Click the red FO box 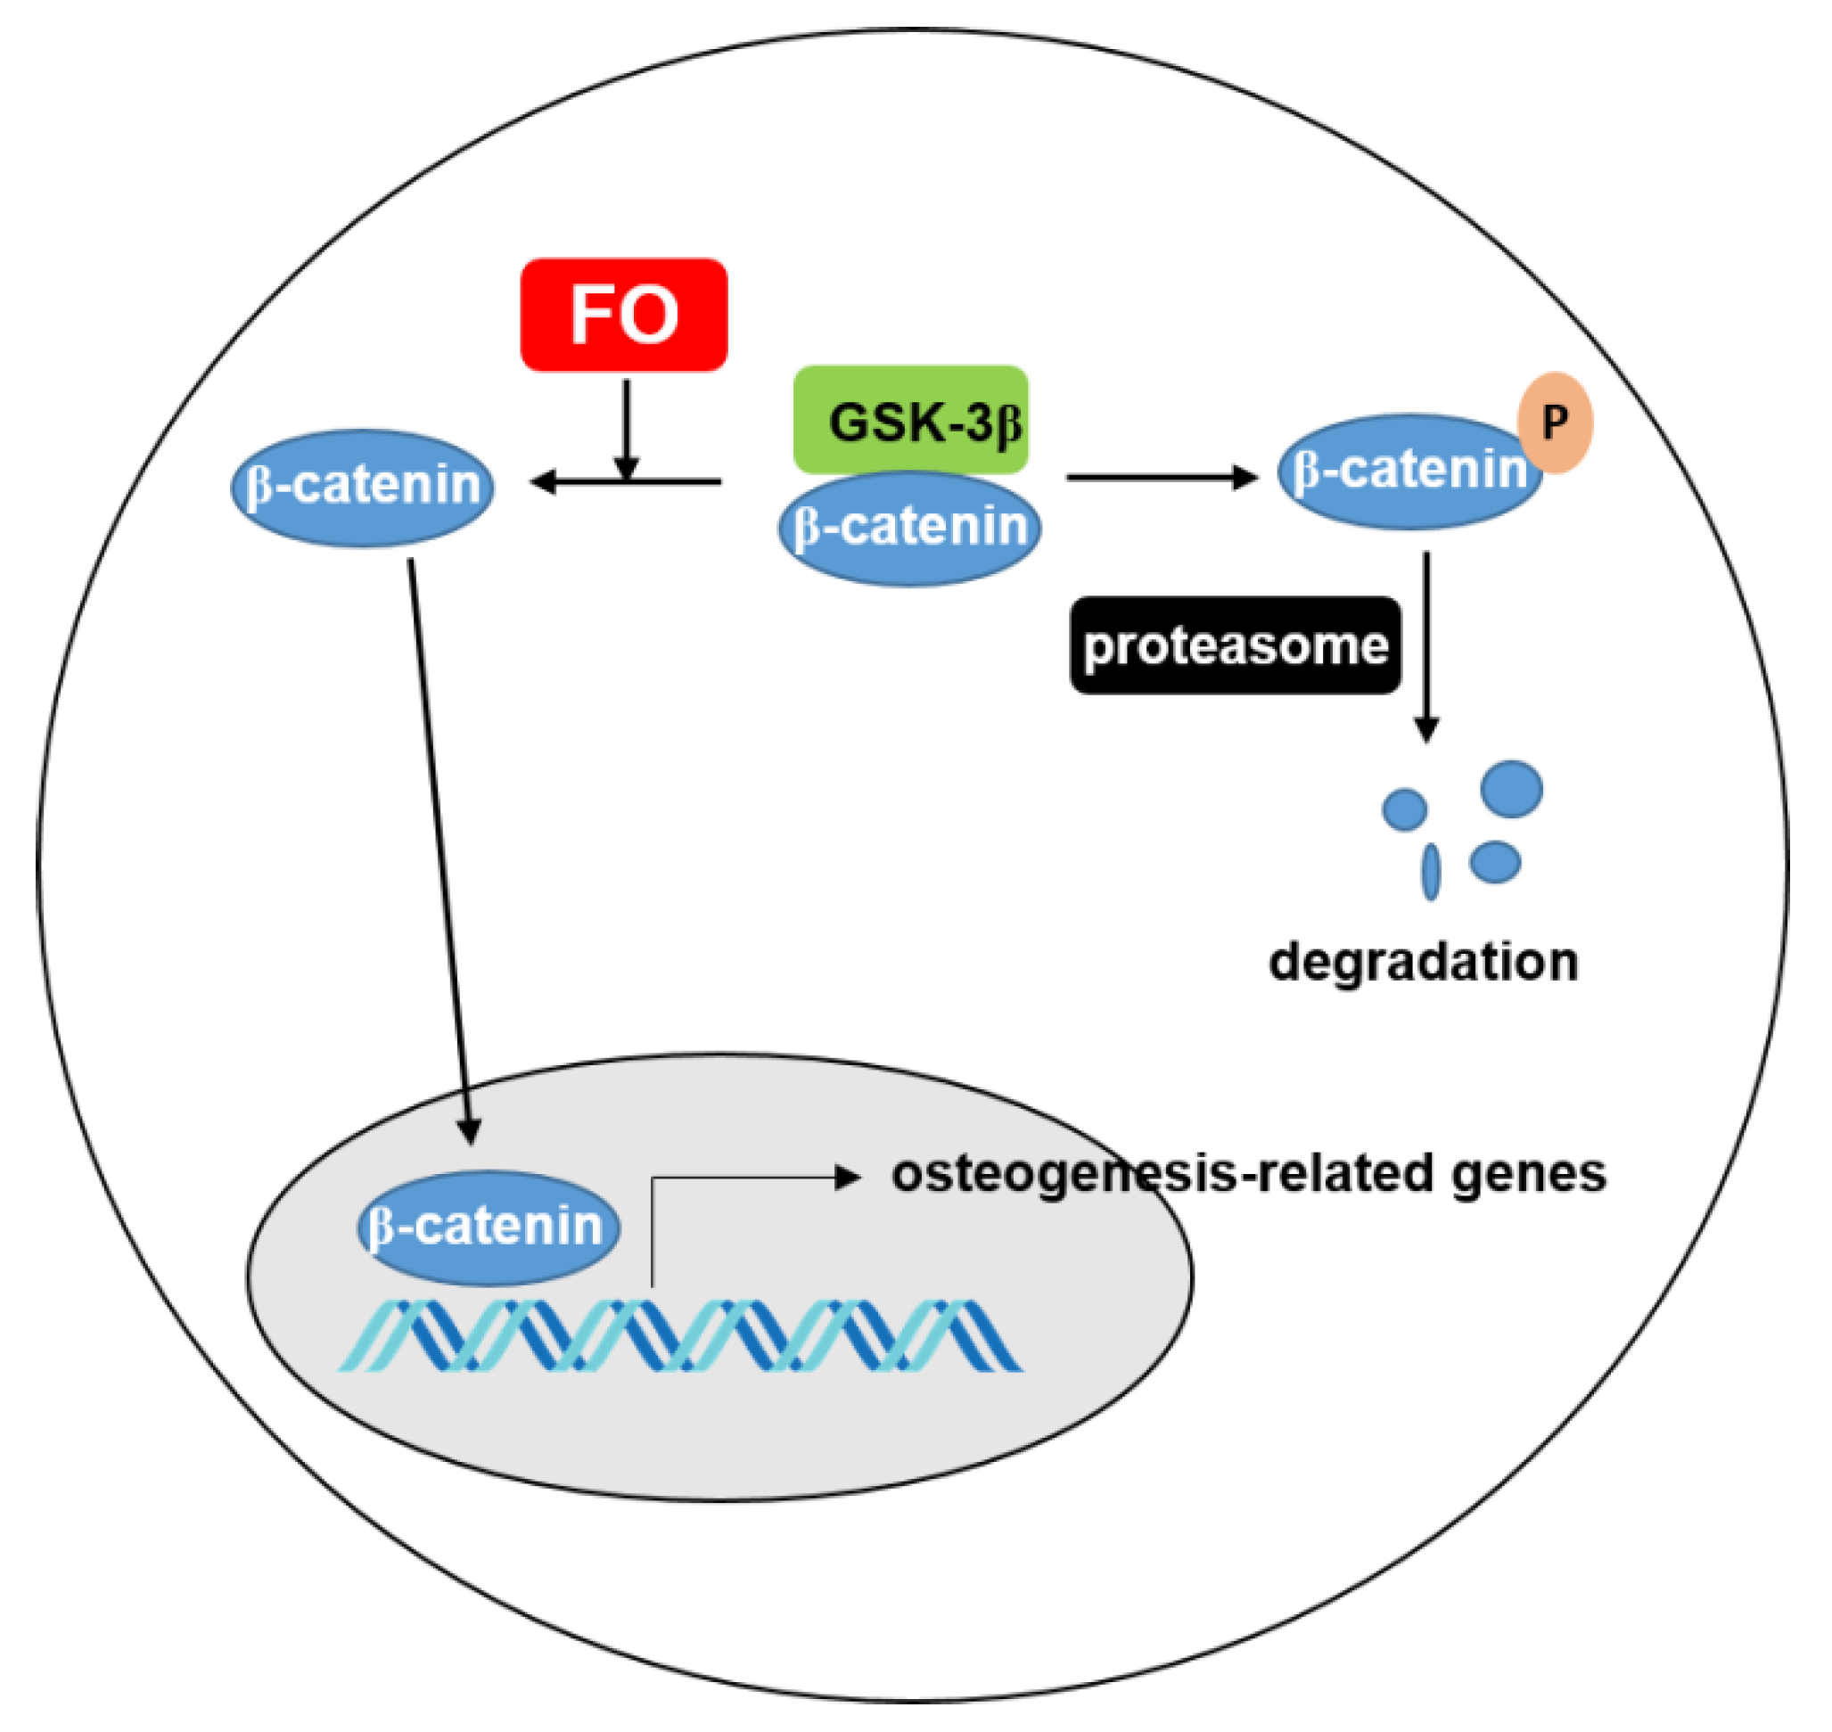[x=624, y=315]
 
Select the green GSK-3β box [x=910, y=418]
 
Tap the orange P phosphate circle [x=1556, y=422]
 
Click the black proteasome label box [x=1236, y=645]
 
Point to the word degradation [x=1423, y=962]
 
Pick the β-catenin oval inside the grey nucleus [x=488, y=1228]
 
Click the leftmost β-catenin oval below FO [x=363, y=488]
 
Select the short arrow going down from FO [x=627, y=424]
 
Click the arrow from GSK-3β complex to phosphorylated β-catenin [x=1162, y=477]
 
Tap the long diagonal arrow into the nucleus [x=440, y=850]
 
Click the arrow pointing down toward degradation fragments [x=1426, y=646]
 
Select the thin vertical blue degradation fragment [x=1430, y=871]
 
